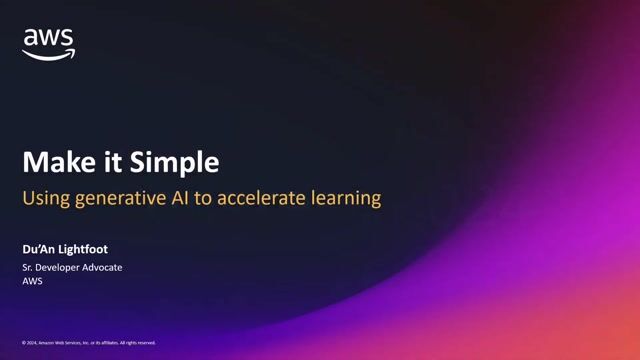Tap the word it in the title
[97, 163]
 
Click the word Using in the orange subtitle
[47, 198]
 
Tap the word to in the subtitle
[226, 198]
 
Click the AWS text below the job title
[34, 283]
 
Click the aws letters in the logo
[48, 39]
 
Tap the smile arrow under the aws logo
[48, 55]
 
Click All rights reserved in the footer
[139, 343]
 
